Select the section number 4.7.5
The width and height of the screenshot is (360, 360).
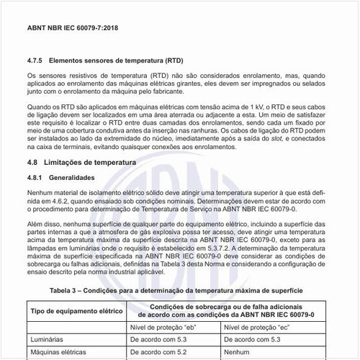(37, 62)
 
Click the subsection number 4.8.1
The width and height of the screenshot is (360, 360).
(36, 177)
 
